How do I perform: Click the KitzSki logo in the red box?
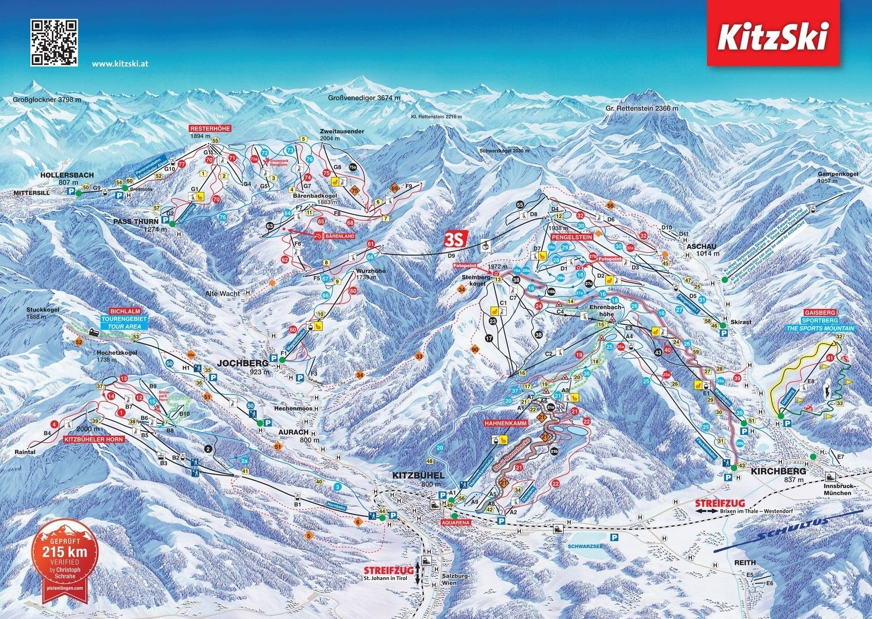(771, 37)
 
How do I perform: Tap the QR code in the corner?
(54, 42)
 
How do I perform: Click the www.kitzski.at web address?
(120, 64)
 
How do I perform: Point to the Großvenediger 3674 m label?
(364, 98)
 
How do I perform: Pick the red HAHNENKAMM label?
(505, 424)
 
